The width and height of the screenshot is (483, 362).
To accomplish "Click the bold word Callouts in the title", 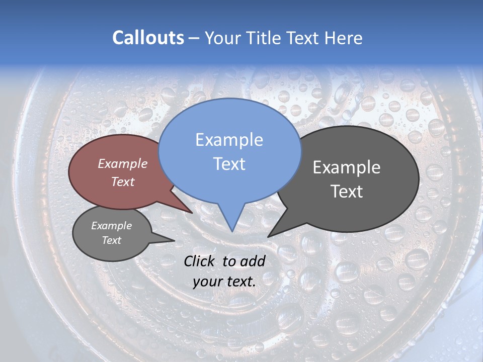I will (148, 38).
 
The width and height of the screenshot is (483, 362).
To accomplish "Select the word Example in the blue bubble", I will (229, 140).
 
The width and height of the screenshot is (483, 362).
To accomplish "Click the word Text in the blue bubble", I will (229, 163).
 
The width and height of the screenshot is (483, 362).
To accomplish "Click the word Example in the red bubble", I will (123, 163).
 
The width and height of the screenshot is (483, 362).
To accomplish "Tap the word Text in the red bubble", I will (123, 182).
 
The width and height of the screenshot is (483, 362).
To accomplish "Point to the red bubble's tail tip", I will (192, 213).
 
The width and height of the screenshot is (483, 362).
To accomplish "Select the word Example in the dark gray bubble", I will (347, 167).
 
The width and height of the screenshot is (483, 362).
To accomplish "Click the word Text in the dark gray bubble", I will (347, 191).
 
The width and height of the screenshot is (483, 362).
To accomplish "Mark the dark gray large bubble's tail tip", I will (269, 236).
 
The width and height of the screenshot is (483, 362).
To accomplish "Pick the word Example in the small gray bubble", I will (111, 226).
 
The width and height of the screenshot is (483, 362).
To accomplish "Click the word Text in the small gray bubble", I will (111, 240).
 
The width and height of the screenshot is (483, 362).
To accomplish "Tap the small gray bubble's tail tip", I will (174, 241).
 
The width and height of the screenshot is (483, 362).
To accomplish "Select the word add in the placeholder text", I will (253, 261).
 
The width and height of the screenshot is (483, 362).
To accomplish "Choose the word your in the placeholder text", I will (207, 282).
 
